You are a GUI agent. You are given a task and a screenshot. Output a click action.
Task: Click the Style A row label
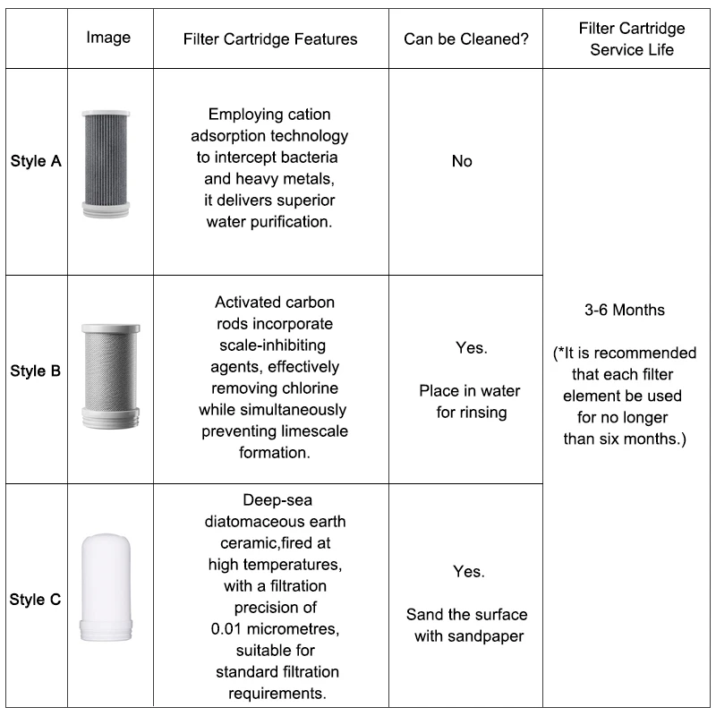click(x=36, y=162)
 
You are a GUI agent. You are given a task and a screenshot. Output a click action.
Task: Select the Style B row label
click(x=36, y=371)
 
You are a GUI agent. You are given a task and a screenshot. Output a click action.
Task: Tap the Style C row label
click(x=36, y=600)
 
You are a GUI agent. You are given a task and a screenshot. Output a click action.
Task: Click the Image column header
click(x=108, y=38)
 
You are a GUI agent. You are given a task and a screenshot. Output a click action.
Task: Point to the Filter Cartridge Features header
click(x=269, y=38)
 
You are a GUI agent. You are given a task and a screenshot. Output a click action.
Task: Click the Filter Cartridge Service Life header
click(x=631, y=39)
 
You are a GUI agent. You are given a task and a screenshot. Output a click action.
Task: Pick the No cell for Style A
click(x=462, y=162)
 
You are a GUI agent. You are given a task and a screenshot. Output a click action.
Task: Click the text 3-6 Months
click(x=625, y=311)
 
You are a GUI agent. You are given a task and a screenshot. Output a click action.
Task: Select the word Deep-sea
click(x=277, y=500)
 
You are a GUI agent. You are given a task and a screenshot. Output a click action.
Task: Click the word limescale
click(x=314, y=432)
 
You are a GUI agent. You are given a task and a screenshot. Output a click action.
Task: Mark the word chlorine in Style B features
click(x=312, y=389)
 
